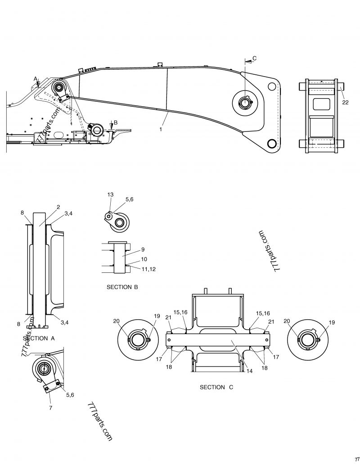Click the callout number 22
click(x=345, y=103)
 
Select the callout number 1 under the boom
click(x=161, y=129)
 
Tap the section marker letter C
click(x=254, y=58)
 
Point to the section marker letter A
click(x=36, y=79)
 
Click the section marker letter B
click(x=116, y=122)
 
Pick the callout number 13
click(x=110, y=194)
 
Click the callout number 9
click(x=143, y=249)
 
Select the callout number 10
click(x=144, y=259)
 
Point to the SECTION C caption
click(x=216, y=387)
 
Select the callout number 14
click(x=249, y=371)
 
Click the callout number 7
click(x=50, y=408)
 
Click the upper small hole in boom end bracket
click(x=272, y=86)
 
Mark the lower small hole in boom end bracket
click(x=272, y=144)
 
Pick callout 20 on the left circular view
click(x=116, y=321)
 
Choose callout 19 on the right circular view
click(x=332, y=322)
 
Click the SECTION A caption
click(x=39, y=338)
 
